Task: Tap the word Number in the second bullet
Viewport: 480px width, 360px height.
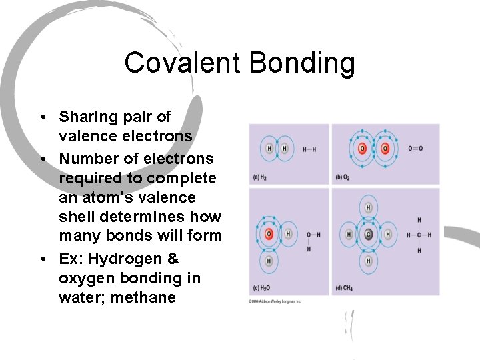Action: click(x=86, y=159)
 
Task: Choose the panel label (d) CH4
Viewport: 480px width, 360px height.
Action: click(x=344, y=288)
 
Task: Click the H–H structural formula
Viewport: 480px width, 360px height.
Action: click(x=309, y=149)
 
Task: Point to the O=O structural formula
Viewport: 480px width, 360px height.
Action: click(x=415, y=148)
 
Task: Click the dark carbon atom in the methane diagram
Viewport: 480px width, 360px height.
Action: click(x=368, y=235)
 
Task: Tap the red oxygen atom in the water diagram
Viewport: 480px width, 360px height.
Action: click(x=269, y=234)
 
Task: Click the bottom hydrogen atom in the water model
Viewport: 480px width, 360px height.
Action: click(x=269, y=261)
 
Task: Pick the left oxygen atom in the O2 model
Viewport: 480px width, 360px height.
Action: click(x=363, y=148)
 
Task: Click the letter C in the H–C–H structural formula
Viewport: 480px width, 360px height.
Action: click(x=419, y=235)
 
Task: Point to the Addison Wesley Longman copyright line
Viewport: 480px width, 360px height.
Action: click(x=276, y=302)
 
